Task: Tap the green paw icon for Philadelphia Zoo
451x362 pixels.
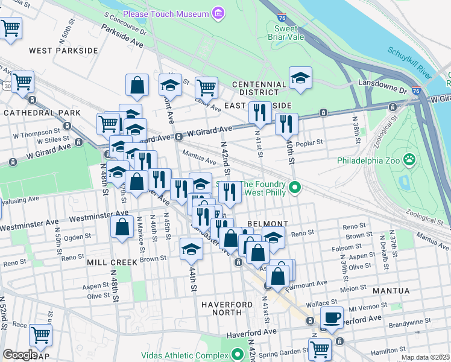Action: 409,160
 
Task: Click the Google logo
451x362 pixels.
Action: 19,355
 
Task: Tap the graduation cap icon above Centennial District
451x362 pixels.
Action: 300,78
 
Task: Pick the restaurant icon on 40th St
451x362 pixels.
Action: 286,124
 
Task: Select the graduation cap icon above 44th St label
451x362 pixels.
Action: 191,248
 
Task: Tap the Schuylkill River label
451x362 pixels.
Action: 410,63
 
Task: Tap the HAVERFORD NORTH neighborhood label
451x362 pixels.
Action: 221,308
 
